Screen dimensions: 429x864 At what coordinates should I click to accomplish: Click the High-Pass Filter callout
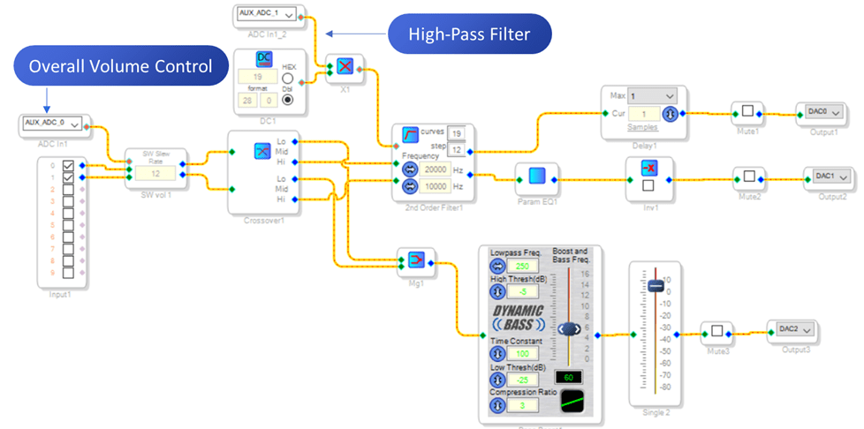(469, 34)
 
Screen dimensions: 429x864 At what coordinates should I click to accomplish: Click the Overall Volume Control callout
(120, 66)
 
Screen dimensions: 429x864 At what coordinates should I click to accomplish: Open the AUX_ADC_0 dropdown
(51, 123)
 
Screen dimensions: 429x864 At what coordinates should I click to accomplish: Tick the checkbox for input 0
(68, 165)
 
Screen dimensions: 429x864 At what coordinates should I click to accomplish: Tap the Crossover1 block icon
(261, 152)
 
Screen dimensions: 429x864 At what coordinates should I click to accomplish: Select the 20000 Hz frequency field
(435, 170)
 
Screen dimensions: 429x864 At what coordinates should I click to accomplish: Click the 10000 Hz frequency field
(435, 186)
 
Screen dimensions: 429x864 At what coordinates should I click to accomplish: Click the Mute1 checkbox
(747, 112)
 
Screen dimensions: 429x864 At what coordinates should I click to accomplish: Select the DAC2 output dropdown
(790, 329)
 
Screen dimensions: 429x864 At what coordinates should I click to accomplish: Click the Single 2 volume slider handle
(655, 286)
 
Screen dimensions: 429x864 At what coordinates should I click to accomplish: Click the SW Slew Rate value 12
(155, 174)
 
